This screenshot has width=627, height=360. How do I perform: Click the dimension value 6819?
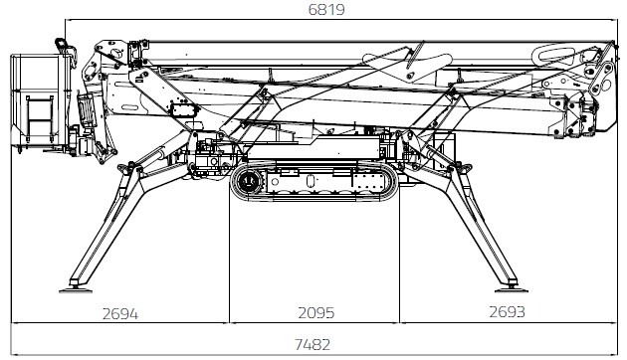point(326,9)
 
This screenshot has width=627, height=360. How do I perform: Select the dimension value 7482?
point(313,344)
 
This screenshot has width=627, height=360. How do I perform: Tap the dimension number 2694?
point(120,313)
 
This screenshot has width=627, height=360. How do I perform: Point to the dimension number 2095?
point(315,313)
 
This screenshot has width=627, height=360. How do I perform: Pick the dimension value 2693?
point(507,311)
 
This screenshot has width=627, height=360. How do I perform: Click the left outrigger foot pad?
point(76,289)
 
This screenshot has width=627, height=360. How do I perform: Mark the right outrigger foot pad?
point(511,289)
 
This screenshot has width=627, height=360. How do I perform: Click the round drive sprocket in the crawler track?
point(249,182)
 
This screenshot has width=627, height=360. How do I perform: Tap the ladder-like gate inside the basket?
point(39,118)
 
